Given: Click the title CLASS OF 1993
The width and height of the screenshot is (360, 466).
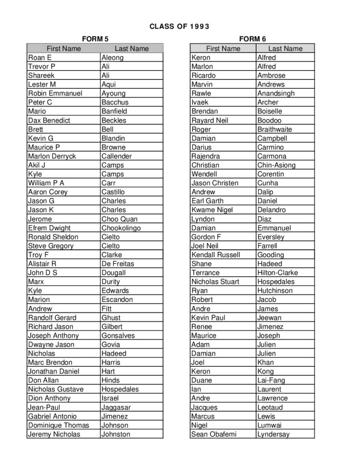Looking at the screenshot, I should click(x=179, y=26).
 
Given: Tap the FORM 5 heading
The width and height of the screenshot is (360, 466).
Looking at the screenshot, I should click(x=95, y=39).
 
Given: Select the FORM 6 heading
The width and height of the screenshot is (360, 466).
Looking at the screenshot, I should click(x=252, y=39).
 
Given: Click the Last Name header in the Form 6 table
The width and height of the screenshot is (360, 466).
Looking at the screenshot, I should click(x=285, y=48).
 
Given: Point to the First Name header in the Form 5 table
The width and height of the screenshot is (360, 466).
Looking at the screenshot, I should click(x=64, y=48).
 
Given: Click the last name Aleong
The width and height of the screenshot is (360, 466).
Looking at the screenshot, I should click(x=112, y=57).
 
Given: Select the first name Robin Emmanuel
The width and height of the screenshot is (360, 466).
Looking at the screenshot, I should click(x=55, y=93).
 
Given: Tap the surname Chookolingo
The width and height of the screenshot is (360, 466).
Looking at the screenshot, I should click(x=121, y=228).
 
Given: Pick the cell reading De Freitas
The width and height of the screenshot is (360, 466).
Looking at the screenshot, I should click(x=118, y=263).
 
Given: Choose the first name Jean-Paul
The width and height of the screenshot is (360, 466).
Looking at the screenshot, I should click(x=44, y=407).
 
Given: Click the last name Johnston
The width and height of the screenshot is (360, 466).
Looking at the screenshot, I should click(x=116, y=434).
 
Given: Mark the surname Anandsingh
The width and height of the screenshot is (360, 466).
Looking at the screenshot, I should click(x=276, y=93).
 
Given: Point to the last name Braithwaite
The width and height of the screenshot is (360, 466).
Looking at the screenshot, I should click(x=274, y=129).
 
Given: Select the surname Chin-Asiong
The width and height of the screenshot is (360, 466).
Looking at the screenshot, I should click(x=276, y=165).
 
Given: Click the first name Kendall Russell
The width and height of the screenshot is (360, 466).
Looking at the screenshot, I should click(x=216, y=254).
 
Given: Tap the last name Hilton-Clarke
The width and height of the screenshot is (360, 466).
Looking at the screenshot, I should click(x=278, y=273).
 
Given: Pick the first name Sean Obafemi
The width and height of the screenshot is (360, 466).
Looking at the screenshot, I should click(x=214, y=434).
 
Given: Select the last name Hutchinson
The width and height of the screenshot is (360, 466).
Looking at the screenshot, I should click(x=275, y=290).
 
